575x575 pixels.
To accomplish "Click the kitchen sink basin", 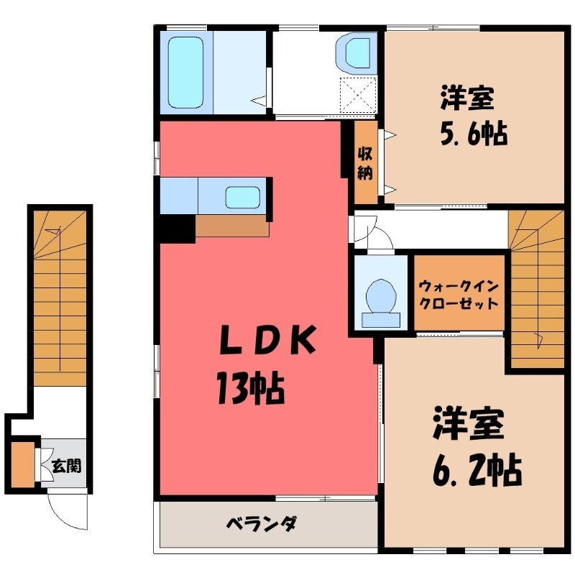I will tap(244, 195).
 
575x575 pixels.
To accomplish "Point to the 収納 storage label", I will tap(365, 162).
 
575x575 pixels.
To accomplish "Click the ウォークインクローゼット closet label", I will tap(458, 293).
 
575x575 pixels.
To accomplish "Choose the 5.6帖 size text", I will tap(474, 134).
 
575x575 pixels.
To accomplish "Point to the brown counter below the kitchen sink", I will tap(231, 226).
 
